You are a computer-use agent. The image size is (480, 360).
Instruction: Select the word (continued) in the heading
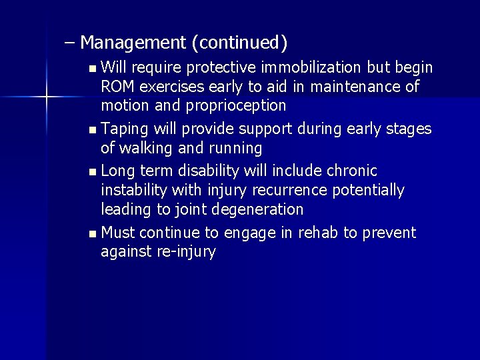pos(239,43)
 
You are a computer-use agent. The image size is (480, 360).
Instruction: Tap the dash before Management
pos(70,43)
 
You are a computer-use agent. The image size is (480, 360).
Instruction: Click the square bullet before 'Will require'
pos(91,69)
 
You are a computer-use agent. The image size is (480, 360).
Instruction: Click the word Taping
pos(127,129)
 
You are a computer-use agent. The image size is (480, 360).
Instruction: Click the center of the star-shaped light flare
pos(47,98)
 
